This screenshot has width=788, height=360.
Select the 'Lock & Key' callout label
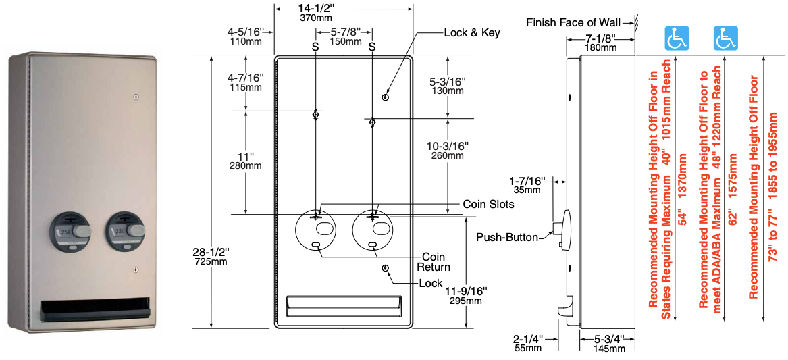[472, 33]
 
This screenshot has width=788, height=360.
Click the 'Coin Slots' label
[488, 204]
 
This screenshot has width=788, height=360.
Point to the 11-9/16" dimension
[465, 295]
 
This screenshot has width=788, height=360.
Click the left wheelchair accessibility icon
[675, 38]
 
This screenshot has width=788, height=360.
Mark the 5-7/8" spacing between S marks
[344, 36]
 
